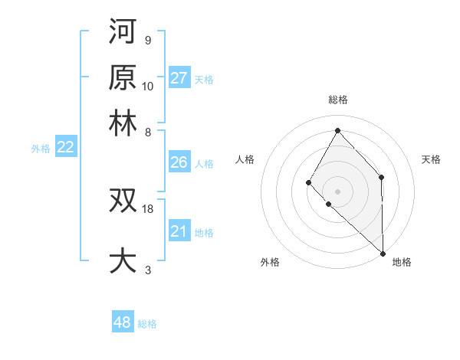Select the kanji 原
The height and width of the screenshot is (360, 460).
click(123, 77)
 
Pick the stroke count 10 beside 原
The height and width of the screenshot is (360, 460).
click(148, 86)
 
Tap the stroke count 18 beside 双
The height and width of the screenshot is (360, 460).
click(148, 208)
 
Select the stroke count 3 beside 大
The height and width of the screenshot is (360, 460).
click(147, 270)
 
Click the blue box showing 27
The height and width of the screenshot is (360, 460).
click(179, 78)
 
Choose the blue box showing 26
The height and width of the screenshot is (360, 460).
click(179, 162)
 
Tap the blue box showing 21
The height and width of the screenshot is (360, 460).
click(179, 231)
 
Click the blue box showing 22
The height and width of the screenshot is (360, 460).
click(65, 148)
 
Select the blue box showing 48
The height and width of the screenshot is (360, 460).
click(123, 322)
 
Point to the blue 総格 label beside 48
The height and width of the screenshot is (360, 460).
click(148, 324)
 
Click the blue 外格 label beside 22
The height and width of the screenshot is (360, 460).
click(41, 149)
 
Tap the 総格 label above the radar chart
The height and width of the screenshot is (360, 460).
click(337, 100)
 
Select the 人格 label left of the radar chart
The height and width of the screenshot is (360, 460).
click(245, 159)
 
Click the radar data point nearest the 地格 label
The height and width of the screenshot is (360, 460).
click(383, 252)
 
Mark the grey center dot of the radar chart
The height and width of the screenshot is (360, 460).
click(337, 191)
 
